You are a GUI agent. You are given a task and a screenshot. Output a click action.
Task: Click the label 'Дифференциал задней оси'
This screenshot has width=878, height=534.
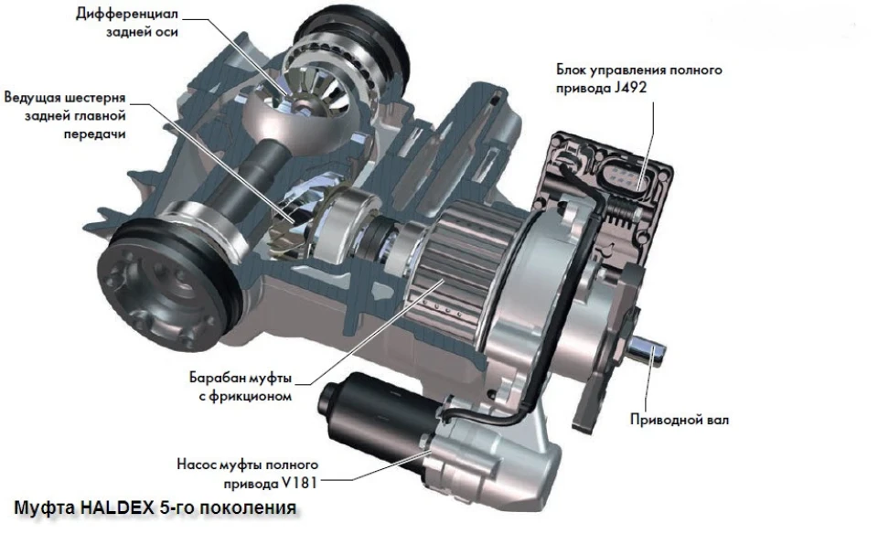coord(127,23)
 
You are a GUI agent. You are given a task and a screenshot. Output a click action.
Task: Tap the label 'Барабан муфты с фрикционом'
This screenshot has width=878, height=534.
coord(241,387)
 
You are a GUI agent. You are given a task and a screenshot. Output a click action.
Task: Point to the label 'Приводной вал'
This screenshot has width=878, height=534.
coord(680,420)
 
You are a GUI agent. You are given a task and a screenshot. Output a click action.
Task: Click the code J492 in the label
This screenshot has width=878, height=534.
coord(630,88)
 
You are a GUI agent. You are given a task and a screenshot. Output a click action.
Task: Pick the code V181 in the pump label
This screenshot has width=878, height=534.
coord(299,483)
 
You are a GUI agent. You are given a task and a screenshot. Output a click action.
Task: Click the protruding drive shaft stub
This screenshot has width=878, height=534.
coord(648,350)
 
